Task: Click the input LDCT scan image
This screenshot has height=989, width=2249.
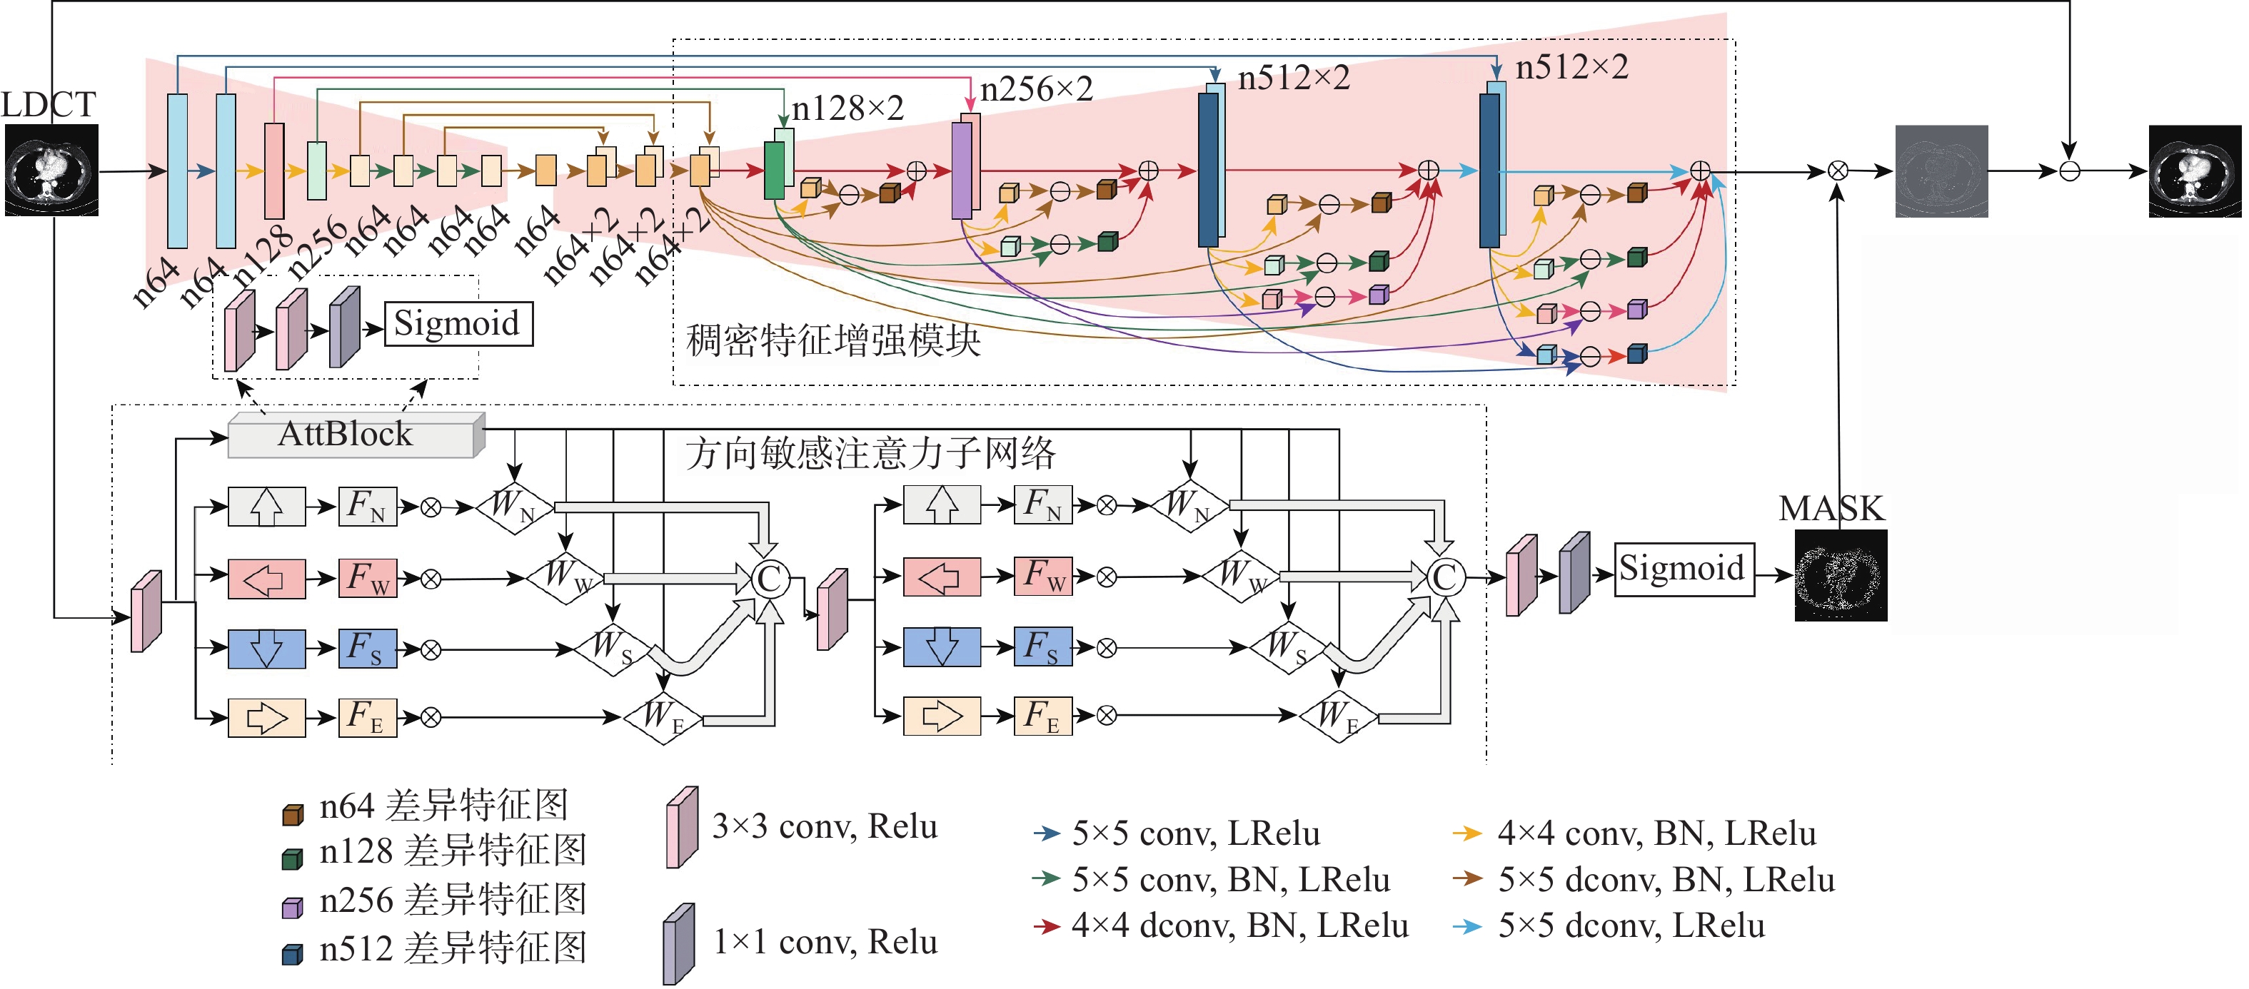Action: pyautogui.click(x=51, y=171)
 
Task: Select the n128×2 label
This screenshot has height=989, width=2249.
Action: pyautogui.click(x=847, y=109)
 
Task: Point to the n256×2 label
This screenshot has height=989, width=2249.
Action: pyautogui.click(x=1036, y=89)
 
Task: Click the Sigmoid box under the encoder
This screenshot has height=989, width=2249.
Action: pyautogui.click(x=458, y=324)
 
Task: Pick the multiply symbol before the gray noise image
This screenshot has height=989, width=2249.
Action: pyautogui.click(x=1838, y=171)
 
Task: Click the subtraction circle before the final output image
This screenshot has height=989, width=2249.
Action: pyautogui.click(x=2069, y=171)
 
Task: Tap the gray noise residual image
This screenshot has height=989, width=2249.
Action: pyautogui.click(x=1942, y=171)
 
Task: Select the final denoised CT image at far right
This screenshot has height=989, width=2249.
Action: pyautogui.click(x=2194, y=171)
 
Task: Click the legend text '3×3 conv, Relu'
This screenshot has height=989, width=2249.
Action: pyautogui.click(x=824, y=826)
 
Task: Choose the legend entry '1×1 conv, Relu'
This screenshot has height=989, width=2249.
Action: pyautogui.click(x=824, y=943)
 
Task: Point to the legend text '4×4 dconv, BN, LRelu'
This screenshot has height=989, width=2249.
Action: pyautogui.click(x=1239, y=926)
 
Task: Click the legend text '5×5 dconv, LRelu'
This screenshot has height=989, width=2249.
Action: pyautogui.click(x=1631, y=926)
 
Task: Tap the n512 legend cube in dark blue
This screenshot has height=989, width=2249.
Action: pyautogui.click(x=293, y=954)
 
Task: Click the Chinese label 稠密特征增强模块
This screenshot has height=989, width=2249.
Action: pyautogui.click(x=833, y=340)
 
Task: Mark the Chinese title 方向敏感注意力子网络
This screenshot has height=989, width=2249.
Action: pyautogui.click(x=870, y=454)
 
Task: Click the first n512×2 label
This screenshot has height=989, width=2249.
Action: pyautogui.click(x=1294, y=78)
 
